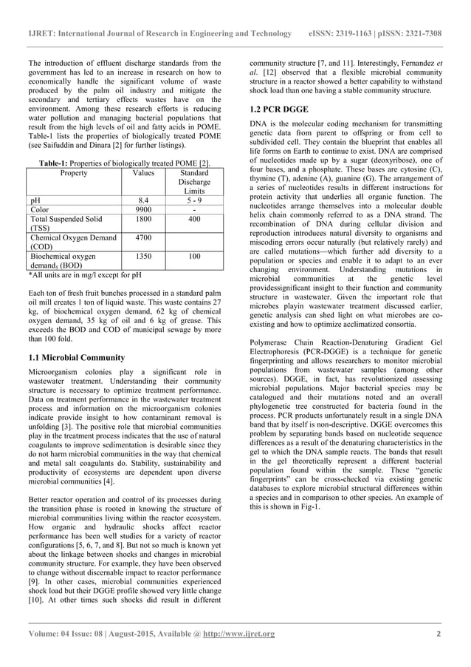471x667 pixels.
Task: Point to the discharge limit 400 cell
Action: click(194, 220)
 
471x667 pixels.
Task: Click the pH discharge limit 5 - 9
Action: click(194, 200)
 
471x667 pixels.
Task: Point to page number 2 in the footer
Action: click(439, 634)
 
